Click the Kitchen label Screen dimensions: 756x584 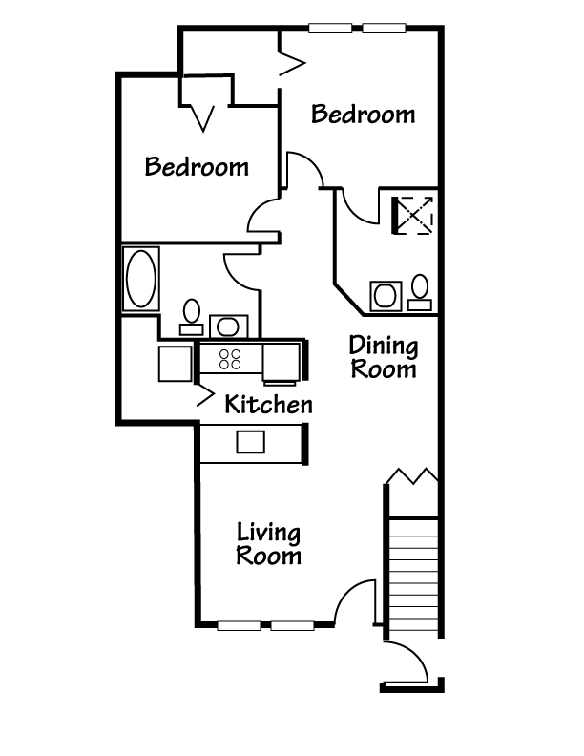click(268, 405)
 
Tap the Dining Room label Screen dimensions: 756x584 click(383, 356)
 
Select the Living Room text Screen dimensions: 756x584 click(269, 544)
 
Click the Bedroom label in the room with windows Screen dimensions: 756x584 click(364, 115)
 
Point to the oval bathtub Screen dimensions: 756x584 click(140, 278)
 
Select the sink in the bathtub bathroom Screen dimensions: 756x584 click(226, 326)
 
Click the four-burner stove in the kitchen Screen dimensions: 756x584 click(231, 360)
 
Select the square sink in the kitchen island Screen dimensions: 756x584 click(250, 441)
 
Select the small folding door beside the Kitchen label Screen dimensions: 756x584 click(204, 394)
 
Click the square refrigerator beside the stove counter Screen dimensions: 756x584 click(176, 364)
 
